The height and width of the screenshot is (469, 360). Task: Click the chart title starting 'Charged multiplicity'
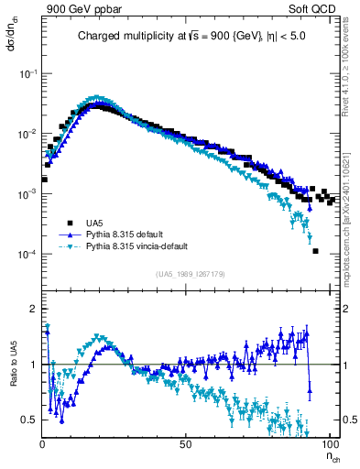coord(191,37)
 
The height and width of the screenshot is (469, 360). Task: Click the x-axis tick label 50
coord(185,442)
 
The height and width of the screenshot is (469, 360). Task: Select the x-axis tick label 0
coord(42,442)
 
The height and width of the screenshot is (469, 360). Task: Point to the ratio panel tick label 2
coord(32,309)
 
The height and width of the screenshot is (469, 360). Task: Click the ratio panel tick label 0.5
coord(29,420)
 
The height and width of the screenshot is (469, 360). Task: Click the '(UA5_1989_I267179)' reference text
coord(191,274)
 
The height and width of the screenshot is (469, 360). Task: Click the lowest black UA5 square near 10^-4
coord(315,251)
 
